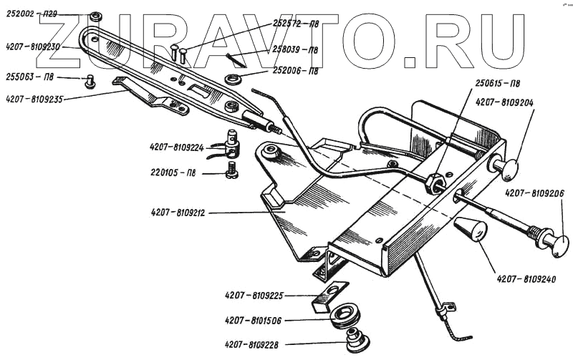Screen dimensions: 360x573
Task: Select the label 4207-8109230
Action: click(x=32, y=46)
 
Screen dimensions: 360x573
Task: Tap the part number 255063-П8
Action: click(x=29, y=77)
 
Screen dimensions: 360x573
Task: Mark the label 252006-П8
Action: click(x=295, y=71)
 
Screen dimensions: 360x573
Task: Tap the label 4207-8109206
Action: click(x=534, y=193)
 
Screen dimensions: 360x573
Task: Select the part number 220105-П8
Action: click(x=176, y=173)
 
